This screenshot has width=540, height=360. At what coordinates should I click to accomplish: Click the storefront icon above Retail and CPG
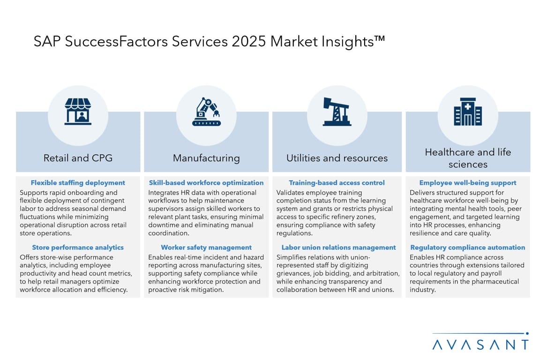(78, 111)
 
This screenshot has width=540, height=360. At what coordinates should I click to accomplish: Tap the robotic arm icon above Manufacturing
(206, 111)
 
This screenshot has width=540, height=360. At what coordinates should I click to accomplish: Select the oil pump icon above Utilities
(337, 111)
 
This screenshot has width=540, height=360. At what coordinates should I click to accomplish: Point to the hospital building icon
(468, 111)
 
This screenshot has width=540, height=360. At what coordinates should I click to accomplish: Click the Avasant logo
(480, 342)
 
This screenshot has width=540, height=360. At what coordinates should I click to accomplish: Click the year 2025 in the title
(248, 41)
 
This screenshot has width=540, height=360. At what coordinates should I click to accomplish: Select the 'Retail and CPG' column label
(78, 158)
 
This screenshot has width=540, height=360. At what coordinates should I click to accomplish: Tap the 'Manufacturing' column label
(206, 158)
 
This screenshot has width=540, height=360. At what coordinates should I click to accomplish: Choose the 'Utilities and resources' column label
(337, 158)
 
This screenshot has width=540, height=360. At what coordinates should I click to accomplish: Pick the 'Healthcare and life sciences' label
(468, 158)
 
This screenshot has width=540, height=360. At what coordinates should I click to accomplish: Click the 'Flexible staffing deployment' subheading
(78, 183)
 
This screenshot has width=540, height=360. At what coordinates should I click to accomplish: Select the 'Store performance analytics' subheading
(78, 247)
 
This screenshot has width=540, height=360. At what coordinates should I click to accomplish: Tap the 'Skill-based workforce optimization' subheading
(206, 183)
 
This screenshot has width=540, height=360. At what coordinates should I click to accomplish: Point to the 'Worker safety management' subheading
(206, 247)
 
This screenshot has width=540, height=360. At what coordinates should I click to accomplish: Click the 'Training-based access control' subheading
(337, 183)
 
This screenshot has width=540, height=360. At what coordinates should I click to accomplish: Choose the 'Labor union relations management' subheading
(338, 247)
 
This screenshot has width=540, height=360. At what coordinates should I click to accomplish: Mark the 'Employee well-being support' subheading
(468, 183)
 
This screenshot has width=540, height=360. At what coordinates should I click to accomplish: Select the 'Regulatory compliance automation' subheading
(468, 247)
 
